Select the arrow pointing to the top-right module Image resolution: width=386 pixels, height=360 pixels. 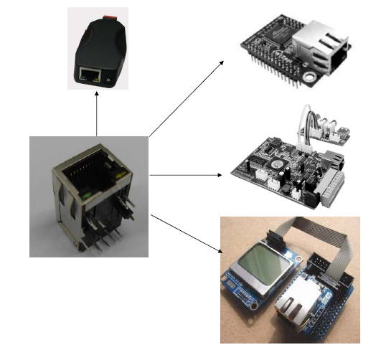click(x=187, y=98)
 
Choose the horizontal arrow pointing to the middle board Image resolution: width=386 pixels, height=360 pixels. click(x=187, y=174)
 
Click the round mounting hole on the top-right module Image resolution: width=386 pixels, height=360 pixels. click(x=311, y=74)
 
